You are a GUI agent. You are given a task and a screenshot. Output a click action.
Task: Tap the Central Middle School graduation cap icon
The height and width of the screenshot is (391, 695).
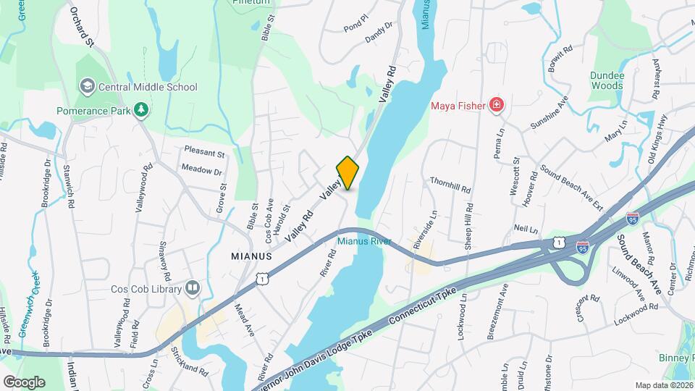click(x=88, y=87)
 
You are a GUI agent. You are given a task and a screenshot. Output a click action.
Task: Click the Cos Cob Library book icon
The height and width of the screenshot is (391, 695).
click(x=193, y=288)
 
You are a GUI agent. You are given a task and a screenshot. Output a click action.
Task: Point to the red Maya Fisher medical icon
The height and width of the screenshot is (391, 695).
click(x=497, y=106)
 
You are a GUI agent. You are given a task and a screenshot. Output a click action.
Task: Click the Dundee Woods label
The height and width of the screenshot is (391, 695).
click(x=606, y=80)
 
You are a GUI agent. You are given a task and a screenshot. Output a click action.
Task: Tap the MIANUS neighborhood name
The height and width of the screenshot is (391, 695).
click(x=251, y=256)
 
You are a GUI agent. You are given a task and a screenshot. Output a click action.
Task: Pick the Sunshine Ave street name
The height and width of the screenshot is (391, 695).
click(x=549, y=112)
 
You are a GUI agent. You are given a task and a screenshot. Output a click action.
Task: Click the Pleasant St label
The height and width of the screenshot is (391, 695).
click(x=203, y=154)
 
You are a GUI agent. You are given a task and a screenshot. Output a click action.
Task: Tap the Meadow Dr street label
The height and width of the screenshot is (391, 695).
click(x=201, y=171)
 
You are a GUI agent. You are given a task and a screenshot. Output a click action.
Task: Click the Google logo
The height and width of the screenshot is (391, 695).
click(x=24, y=382)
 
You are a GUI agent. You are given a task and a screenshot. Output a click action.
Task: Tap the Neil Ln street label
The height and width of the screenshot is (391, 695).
click(x=526, y=230)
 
